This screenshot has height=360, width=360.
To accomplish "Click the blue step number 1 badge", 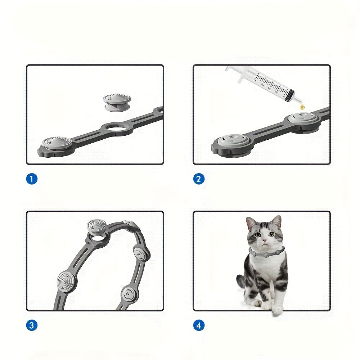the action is [32, 179].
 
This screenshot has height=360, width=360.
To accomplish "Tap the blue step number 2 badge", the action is [199, 179].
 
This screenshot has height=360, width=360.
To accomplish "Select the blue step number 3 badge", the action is [32, 325].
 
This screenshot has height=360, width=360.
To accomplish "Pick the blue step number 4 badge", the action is [199, 325].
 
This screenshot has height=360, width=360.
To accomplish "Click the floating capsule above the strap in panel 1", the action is [117, 102].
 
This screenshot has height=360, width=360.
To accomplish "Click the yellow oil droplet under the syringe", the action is [302, 107].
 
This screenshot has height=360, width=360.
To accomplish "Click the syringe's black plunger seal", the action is [290, 96].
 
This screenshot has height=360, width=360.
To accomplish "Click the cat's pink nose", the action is [265, 241].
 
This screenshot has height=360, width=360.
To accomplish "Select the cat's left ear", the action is [251, 223].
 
